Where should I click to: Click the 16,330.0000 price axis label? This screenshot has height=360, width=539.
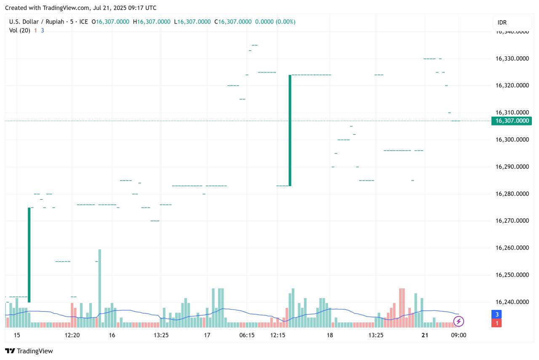[512, 59]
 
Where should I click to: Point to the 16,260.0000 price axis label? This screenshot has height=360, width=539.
[512, 248]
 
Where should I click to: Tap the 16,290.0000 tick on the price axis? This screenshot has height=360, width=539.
[512, 167]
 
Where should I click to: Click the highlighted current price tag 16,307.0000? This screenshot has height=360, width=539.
[512, 121]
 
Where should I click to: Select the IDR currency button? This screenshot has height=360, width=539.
[512, 22]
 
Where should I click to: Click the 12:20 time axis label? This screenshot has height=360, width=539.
[72, 335]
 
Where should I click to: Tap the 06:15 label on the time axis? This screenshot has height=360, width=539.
[247, 335]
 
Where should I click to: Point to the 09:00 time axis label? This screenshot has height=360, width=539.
[459, 335]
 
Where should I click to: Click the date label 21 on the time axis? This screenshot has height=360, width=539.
[425, 335]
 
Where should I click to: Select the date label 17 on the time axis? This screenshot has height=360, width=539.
[207, 335]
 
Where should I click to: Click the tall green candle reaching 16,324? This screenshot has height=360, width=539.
[290, 130]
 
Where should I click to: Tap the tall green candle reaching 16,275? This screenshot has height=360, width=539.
[29, 255]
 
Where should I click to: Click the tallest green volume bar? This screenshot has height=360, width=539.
[100, 288]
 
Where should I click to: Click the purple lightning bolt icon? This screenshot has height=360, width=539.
[459, 322]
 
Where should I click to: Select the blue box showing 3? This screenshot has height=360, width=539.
[497, 314]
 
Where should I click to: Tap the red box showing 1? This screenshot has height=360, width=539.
[497, 323]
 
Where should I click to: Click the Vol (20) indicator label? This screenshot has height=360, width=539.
[19, 30]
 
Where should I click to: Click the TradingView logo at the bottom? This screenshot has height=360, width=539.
[29, 351]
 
